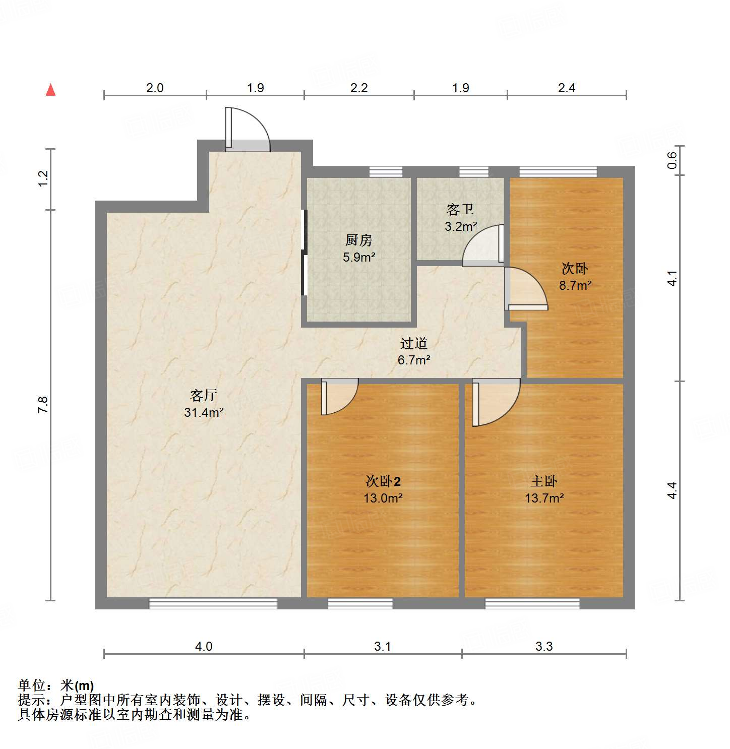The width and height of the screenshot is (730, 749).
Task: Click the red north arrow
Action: pyautogui.click(x=50, y=90)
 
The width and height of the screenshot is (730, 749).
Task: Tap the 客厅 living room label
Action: pyautogui.click(x=204, y=395)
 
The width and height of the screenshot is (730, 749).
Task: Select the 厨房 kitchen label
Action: pyautogui.click(x=359, y=240)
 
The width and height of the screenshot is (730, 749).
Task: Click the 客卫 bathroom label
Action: pyautogui.click(x=460, y=209)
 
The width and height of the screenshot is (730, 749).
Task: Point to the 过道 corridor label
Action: pyautogui.click(x=414, y=343)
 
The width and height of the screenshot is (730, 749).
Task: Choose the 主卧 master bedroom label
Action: pyautogui.click(x=544, y=481)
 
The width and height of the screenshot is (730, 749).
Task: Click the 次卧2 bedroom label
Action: pyautogui.click(x=383, y=481)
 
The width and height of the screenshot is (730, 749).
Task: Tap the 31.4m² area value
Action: pyautogui.click(x=204, y=412)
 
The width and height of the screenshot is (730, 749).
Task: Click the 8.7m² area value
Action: pyautogui.click(x=575, y=285)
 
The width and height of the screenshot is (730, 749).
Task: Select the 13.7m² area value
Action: pyautogui.click(x=544, y=498)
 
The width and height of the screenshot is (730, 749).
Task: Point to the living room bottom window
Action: pyautogui.click(x=213, y=603)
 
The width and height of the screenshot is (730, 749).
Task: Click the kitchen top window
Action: pyautogui.click(x=386, y=172)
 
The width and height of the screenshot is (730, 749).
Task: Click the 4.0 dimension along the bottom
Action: pyautogui.click(x=204, y=646)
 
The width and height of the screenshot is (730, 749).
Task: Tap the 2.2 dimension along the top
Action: pyautogui.click(x=359, y=88)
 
